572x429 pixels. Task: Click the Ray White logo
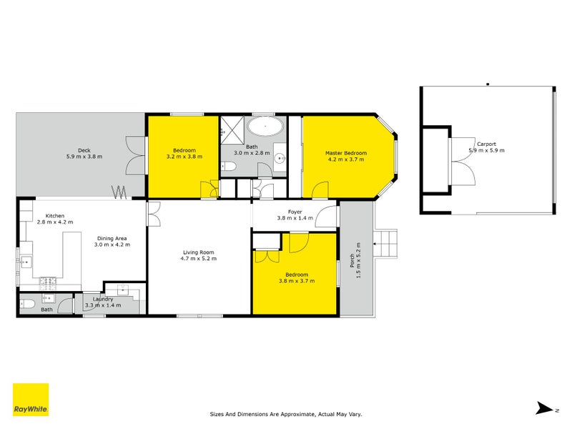pyautogui.click(x=31, y=400)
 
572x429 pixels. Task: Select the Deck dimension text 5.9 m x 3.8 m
pyautogui.click(x=84, y=156)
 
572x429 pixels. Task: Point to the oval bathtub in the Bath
pyautogui.click(x=265, y=129)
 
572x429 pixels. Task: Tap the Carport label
pyautogui.click(x=486, y=144)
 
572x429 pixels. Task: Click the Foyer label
pyautogui.click(x=295, y=212)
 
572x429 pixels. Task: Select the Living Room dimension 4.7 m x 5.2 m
pyautogui.click(x=199, y=258)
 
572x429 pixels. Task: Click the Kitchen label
pyautogui.click(x=55, y=216)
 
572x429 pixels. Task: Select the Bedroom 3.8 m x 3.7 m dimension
pyautogui.click(x=297, y=281)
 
